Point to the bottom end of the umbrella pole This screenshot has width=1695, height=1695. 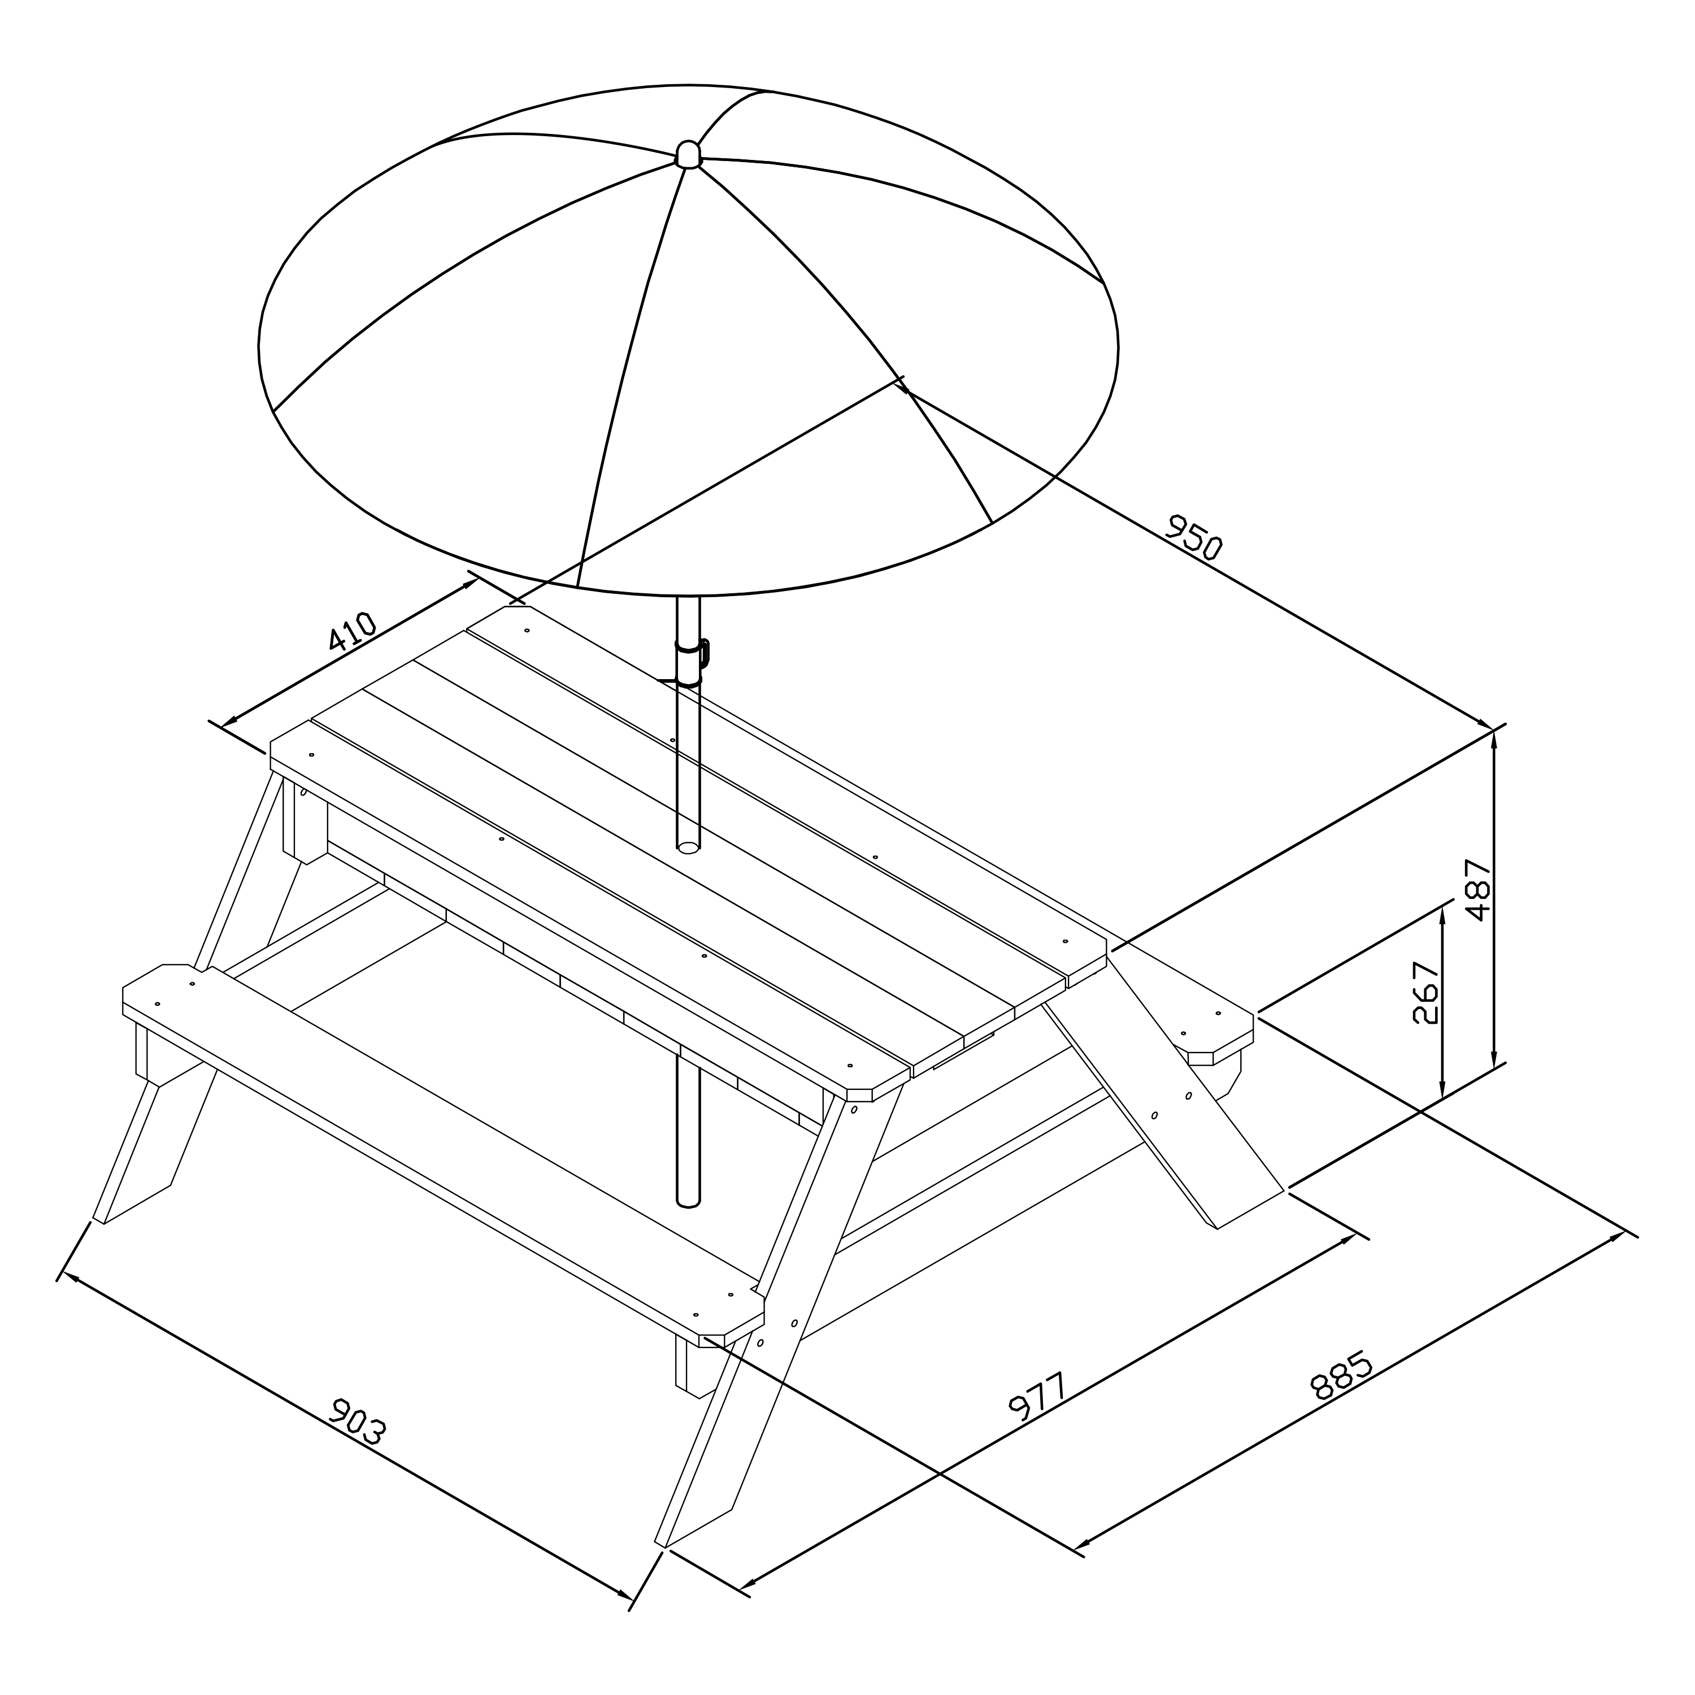tap(689, 1201)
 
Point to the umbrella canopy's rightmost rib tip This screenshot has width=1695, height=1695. tap(1102, 282)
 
